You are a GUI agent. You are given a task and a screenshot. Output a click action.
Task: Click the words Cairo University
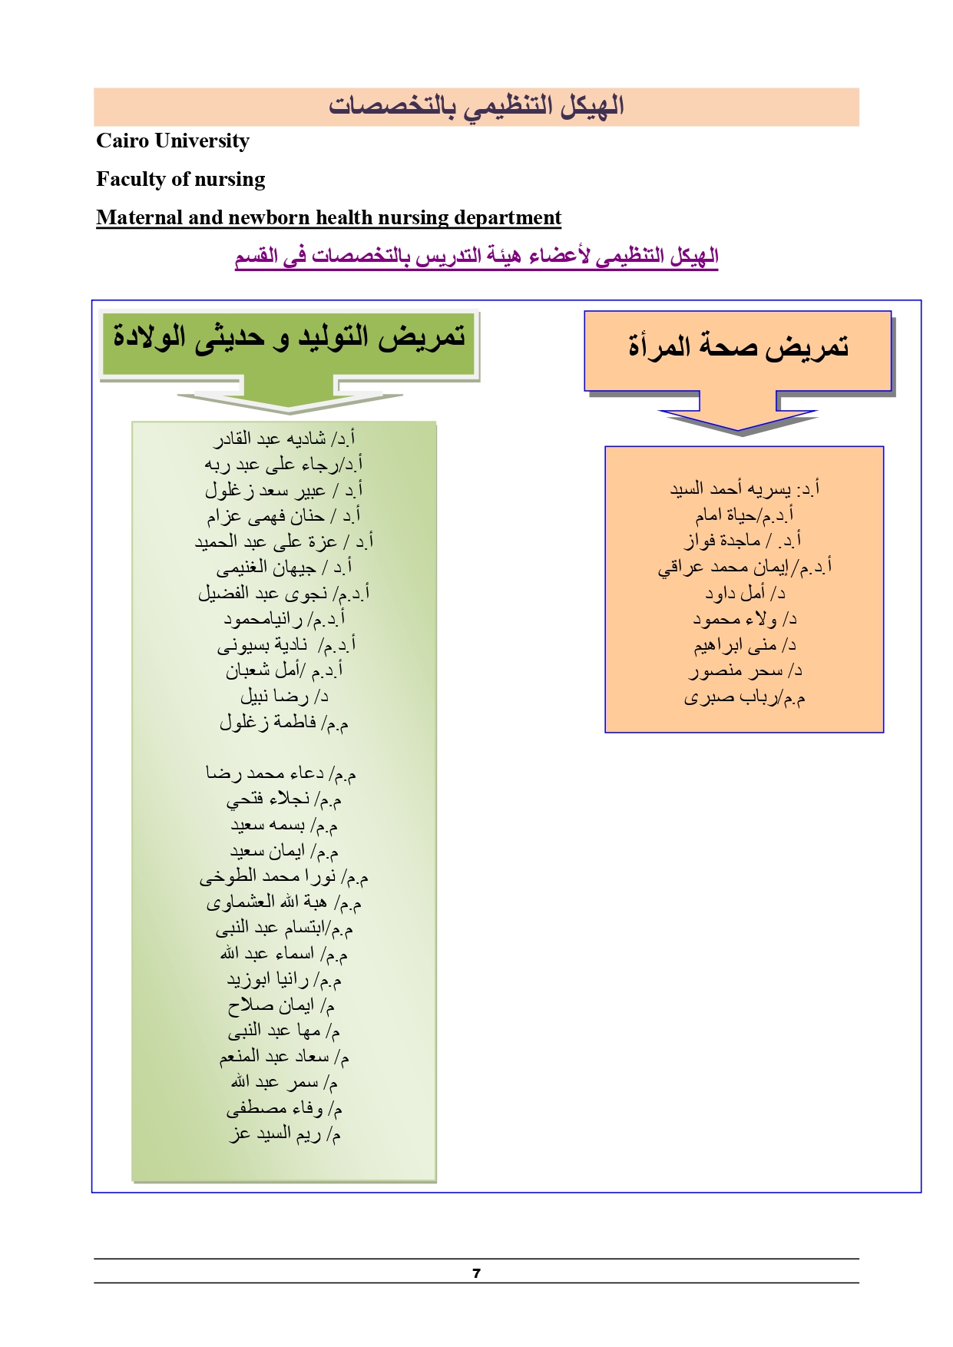[x=173, y=141]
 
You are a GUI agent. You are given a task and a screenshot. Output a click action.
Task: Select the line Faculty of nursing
[x=180, y=180]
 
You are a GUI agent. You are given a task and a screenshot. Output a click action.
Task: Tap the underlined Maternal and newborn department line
[x=329, y=218]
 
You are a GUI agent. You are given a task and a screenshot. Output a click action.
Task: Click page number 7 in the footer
[x=476, y=1273]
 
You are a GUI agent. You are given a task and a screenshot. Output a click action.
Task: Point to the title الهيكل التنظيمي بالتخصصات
[x=476, y=106]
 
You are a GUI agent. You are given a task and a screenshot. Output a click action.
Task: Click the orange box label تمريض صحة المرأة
[x=738, y=347]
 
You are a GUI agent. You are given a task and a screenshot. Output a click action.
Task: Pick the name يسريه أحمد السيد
[x=730, y=489]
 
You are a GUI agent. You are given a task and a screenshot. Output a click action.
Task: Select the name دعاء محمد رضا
[x=265, y=773]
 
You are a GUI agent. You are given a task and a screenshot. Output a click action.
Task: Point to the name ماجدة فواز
[x=722, y=541]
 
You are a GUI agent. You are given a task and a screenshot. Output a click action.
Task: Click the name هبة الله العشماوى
[x=266, y=903]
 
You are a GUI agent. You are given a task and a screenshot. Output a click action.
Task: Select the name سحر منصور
[x=736, y=672]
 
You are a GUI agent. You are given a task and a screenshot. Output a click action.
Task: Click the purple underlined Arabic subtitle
[x=476, y=256]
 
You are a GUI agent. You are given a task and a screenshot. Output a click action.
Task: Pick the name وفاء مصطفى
[x=275, y=1109]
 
